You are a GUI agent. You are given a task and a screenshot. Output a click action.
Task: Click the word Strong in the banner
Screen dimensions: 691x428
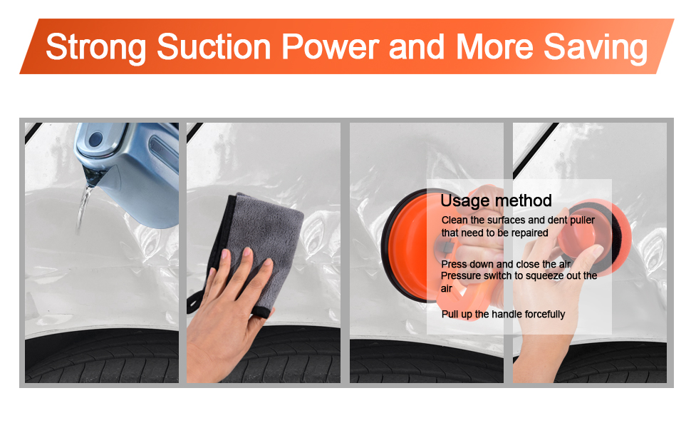95,48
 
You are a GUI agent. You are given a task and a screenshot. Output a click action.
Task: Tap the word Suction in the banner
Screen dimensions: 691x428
214,46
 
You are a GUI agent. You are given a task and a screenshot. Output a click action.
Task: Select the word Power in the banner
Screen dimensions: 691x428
330,46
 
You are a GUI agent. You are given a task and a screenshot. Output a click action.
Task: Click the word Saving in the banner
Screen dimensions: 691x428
596,48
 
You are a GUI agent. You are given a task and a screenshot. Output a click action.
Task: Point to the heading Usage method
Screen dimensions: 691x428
496,200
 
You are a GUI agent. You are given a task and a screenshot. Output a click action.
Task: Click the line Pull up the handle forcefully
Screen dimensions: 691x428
503,314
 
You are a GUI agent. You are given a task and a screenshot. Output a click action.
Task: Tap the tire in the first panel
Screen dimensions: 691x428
102,358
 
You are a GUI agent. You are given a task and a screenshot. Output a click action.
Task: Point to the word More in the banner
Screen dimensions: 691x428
494,46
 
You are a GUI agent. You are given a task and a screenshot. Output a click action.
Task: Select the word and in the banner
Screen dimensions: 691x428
417,46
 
